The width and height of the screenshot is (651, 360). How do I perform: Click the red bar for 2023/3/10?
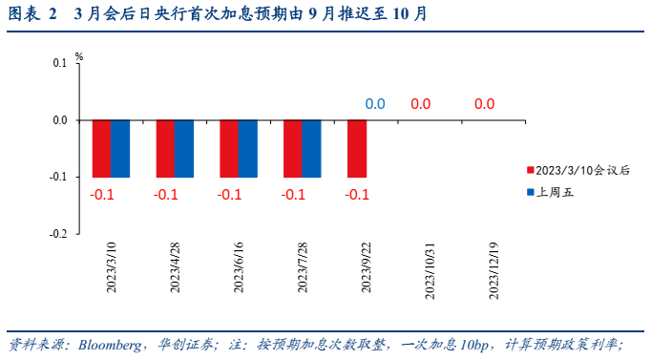[101, 148]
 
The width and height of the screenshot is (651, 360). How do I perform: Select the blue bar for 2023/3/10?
[119, 148]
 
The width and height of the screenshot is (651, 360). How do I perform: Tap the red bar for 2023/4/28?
[165, 148]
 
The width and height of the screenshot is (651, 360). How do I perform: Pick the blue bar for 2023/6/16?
[247, 148]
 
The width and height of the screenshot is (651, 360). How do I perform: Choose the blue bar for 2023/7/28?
[311, 148]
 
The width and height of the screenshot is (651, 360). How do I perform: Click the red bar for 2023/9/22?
[357, 148]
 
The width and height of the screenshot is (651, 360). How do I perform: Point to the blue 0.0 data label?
[375, 104]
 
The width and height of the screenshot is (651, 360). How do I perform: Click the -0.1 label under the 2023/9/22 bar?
[357, 195]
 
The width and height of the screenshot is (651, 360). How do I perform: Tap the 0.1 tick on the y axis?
[60, 64]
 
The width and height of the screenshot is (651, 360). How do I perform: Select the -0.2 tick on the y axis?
[58, 234]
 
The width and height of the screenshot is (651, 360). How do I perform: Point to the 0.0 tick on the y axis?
[60, 120]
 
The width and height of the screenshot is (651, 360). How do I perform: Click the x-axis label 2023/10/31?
[429, 269]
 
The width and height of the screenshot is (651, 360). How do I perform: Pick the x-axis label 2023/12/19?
[493, 269]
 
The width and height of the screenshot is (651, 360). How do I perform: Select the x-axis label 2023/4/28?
[175, 269]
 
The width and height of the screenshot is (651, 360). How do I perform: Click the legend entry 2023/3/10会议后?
[583, 170]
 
